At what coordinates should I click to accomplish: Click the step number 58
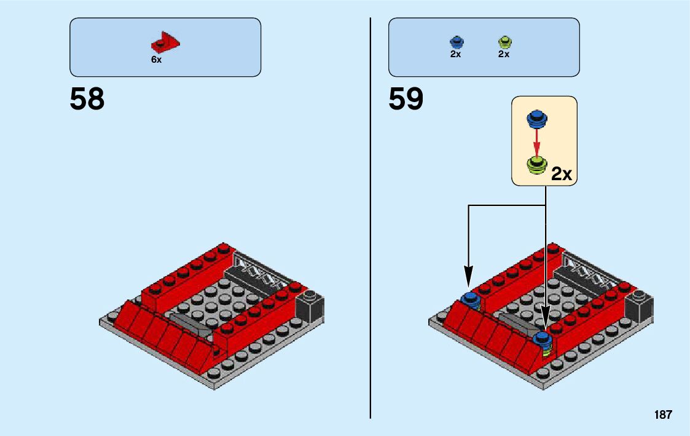(x=87, y=100)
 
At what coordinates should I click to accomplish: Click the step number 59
(x=406, y=100)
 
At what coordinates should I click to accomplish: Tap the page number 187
(x=663, y=415)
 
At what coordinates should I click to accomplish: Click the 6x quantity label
(x=156, y=60)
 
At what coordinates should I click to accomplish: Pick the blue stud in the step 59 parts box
(x=456, y=42)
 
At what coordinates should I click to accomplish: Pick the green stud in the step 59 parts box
(x=504, y=42)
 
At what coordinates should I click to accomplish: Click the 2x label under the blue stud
(x=455, y=54)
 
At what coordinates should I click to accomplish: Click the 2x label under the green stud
(x=504, y=54)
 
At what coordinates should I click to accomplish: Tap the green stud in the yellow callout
(x=537, y=165)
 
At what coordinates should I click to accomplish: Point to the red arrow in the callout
(x=536, y=141)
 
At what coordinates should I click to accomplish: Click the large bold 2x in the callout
(x=562, y=174)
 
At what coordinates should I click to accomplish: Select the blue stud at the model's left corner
(x=471, y=299)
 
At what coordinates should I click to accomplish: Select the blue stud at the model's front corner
(x=543, y=337)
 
